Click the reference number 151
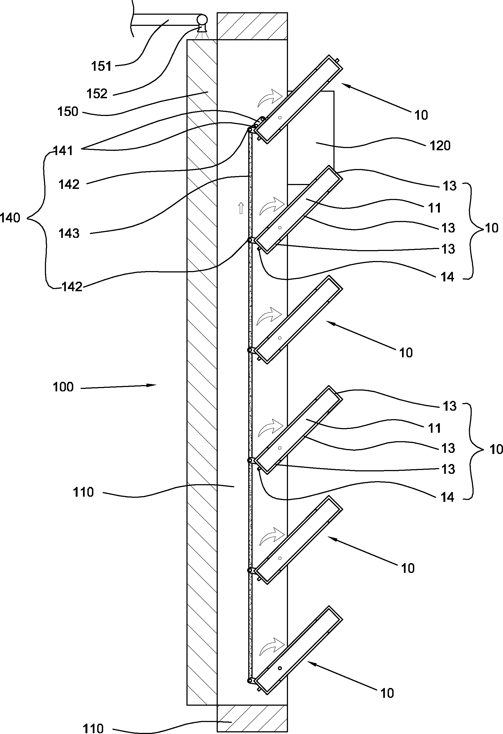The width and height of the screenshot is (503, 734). (x=102, y=66)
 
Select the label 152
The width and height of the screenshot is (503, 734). (x=97, y=94)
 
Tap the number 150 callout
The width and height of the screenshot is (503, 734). (x=68, y=112)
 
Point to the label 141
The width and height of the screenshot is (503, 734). (x=63, y=151)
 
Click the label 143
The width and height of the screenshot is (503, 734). (x=69, y=234)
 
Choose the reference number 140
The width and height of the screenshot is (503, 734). (x=10, y=218)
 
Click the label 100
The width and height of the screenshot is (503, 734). (x=63, y=387)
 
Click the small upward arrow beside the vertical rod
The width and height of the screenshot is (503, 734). (x=241, y=208)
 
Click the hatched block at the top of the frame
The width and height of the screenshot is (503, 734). (x=252, y=26)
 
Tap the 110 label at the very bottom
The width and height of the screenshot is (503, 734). (x=93, y=728)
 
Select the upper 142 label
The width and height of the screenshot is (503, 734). (x=69, y=185)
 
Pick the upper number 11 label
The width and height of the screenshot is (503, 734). (x=434, y=208)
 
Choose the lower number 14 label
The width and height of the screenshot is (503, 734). (x=447, y=497)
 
